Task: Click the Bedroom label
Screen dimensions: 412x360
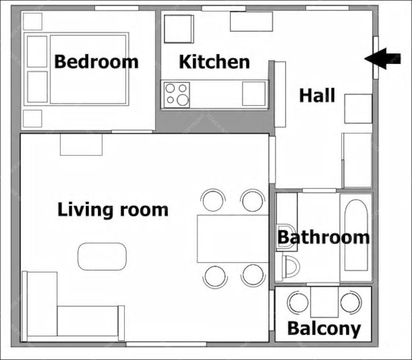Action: click(x=96, y=62)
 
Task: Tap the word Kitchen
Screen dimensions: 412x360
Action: click(x=214, y=62)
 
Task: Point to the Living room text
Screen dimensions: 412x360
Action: click(x=113, y=210)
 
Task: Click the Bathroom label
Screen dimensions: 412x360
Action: click(x=323, y=237)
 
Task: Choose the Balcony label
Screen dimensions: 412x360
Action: click(x=324, y=328)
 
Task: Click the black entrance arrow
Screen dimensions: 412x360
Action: click(x=382, y=59)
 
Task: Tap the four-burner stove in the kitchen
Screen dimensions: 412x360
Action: click(x=177, y=95)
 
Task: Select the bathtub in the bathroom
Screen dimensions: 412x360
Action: click(x=356, y=236)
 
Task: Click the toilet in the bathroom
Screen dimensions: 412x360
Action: click(x=290, y=267)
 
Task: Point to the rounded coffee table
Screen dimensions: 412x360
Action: click(x=102, y=257)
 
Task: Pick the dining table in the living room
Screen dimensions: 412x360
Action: click(x=233, y=239)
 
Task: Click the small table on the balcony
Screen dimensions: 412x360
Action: click(x=324, y=302)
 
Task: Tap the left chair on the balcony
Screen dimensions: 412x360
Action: click(x=299, y=302)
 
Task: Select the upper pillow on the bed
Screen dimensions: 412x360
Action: click(x=37, y=52)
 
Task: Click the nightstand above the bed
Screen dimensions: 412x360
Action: click(x=33, y=21)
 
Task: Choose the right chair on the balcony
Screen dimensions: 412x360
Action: click(x=350, y=302)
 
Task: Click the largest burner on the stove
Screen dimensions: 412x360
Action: click(x=183, y=100)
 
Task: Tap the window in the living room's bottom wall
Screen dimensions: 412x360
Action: click(x=166, y=344)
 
